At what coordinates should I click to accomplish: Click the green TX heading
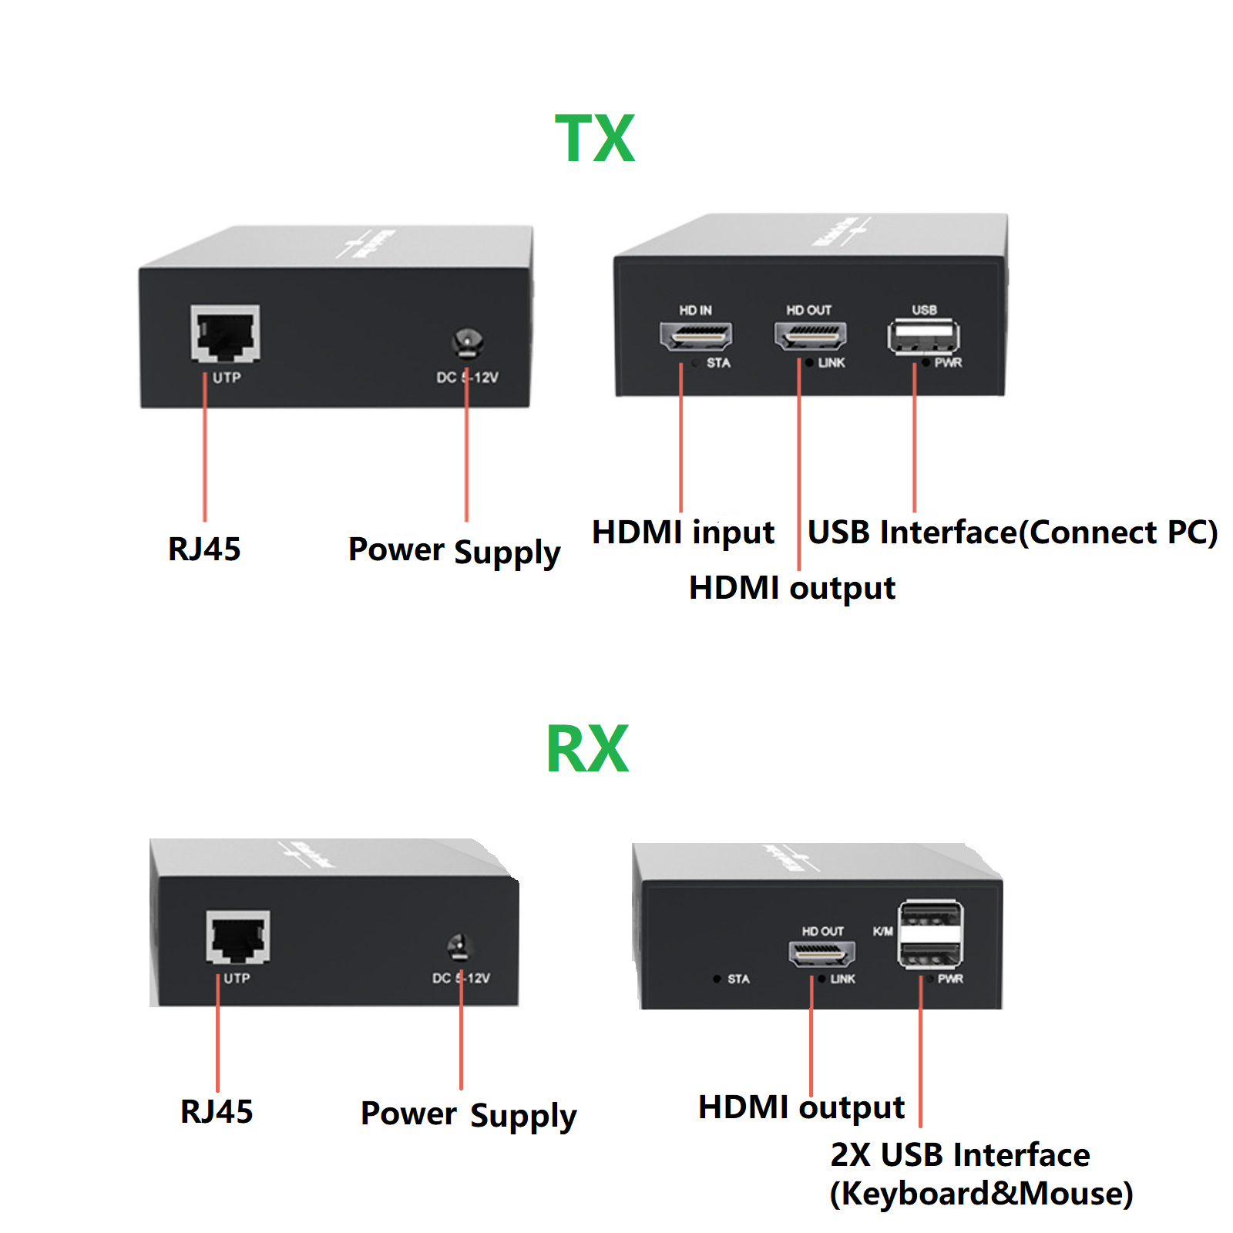[x=595, y=139]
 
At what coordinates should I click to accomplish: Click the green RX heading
[x=587, y=748]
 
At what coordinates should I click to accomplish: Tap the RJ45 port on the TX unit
[x=225, y=333]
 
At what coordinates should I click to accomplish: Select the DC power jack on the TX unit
[x=467, y=342]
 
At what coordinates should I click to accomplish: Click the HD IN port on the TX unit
[x=695, y=335]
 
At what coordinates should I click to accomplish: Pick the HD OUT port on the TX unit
[x=810, y=335]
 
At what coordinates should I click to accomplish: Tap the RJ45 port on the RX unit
[x=238, y=936]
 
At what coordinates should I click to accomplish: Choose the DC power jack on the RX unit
[x=459, y=946]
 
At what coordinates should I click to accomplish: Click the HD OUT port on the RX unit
[x=821, y=954]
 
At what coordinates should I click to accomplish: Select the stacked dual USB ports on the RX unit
[x=930, y=934]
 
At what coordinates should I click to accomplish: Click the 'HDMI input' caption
[x=683, y=533]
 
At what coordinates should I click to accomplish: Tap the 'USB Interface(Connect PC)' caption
[x=1012, y=533]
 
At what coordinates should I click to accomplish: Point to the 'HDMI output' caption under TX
[x=791, y=588]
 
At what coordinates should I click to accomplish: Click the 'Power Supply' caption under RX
[x=468, y=1114]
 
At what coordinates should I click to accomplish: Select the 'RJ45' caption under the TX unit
[x=204, y=549]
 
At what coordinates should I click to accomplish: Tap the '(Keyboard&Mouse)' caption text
[x=981, y=1194]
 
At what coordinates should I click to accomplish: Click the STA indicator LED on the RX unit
[x=717, y=979]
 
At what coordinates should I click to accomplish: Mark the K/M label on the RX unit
[x=883, y=932]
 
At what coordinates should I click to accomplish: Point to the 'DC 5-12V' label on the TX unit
[x=467, y=378]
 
